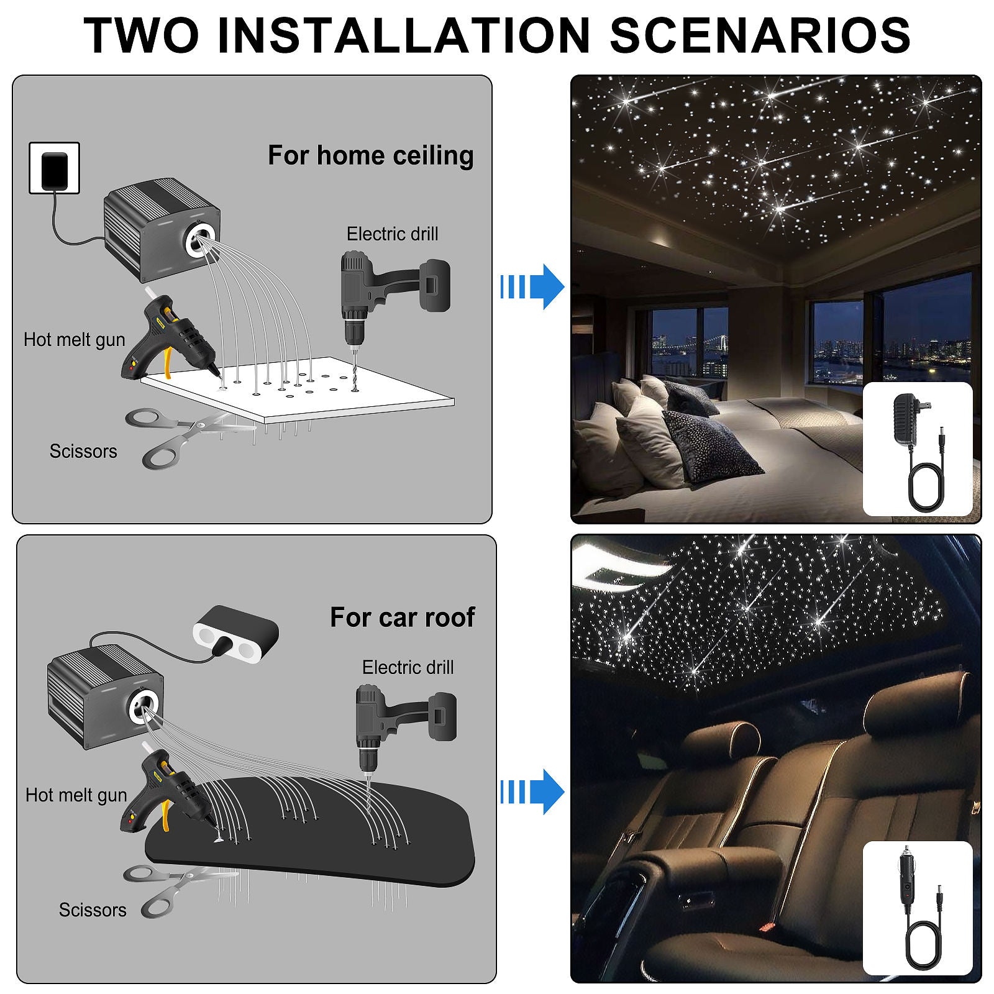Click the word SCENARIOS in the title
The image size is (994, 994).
coord(760,35)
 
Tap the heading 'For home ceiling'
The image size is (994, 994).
coord(370,155)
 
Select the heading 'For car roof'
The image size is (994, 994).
coord(402,617)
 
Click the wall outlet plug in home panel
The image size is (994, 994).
coord(55,168)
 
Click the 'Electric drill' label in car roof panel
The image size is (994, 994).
coord(408,667)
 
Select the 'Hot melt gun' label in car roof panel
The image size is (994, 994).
coord(76,795)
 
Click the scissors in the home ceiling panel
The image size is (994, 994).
coord(180,435)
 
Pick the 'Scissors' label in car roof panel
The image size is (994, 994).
coord(92,910)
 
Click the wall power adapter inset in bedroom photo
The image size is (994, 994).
coord(917,449)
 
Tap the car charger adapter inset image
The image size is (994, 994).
coord(917,908)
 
